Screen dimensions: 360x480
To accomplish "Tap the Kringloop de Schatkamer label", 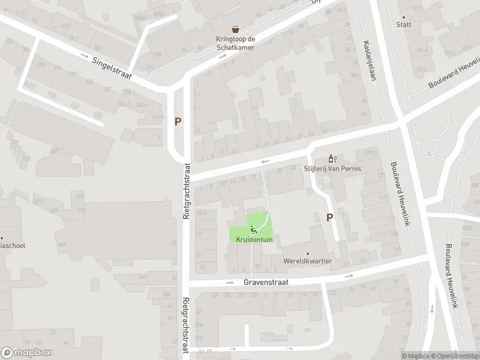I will tap(236, 43).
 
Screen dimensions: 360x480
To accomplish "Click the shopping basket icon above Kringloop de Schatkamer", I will tap(236, 29).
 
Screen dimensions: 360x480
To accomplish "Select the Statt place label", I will tap(403, 25).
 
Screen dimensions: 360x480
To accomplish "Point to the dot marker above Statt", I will tap(403, 17).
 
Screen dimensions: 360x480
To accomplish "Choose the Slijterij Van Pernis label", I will tap(332, 169).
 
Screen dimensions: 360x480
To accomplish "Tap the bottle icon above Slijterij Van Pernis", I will tap(331, 158).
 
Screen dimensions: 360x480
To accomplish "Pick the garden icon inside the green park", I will tap(253, 228).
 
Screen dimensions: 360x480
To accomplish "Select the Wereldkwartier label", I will tap(308, 261).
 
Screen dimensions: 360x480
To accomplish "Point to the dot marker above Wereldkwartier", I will tap(308, 253).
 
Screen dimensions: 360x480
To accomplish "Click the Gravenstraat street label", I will tap(266, 282).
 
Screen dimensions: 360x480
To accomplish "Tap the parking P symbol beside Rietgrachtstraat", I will tap(178, 121).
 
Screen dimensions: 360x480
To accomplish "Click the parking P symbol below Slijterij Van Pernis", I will tap(329, 218).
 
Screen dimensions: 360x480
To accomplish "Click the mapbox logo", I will tap(26, 353).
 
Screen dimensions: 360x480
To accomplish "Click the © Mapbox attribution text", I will tap(417, 356).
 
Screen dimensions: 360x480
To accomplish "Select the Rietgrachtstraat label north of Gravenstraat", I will tap(187, 191).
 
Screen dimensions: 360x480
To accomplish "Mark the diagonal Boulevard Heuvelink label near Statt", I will tap(454, 73).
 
